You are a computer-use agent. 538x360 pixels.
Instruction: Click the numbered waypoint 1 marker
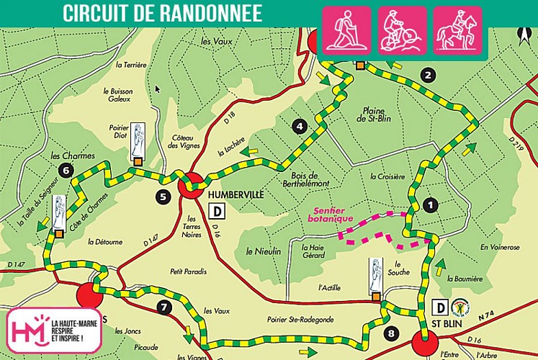click(x=431, y=204)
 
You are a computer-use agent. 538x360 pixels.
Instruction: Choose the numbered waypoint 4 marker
click(x=300, y=127)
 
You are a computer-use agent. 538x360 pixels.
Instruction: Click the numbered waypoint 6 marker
click(x=66, y=171)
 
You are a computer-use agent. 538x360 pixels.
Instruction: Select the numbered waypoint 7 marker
click(x=165, y=308)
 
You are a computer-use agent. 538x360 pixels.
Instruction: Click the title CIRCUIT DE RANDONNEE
click(x=162, y=13)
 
